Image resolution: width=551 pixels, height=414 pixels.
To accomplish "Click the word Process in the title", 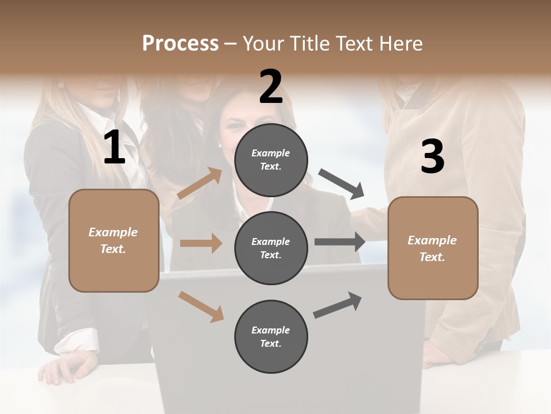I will (x=180, y=44).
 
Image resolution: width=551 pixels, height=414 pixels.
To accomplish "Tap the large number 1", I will (x=114, y=148).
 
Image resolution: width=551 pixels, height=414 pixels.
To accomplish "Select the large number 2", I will (x=271, y=87).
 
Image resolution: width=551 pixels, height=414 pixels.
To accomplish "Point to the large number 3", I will (x=432, y=156).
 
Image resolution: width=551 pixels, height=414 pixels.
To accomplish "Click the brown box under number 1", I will (x=114, y=240).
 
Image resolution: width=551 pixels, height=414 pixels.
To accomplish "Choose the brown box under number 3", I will (x=433, y=248).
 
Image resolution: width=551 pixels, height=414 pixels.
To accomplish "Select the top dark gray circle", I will (x=271, y=160).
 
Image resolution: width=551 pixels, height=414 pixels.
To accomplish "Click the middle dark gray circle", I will (x=271, y=248).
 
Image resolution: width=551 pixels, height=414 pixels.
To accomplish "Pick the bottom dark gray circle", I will (x=271, y=336).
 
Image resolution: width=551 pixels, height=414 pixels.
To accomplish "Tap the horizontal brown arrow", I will (x=201, y=243).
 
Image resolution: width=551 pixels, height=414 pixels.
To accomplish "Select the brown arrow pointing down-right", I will (x=201, y=306).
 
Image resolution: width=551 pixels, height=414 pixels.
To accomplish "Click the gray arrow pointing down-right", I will (x=342, y=183).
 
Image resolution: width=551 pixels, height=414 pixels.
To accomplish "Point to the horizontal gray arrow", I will (x=340, y=242).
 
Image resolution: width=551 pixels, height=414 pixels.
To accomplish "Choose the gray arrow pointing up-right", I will (x=338, y=305).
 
